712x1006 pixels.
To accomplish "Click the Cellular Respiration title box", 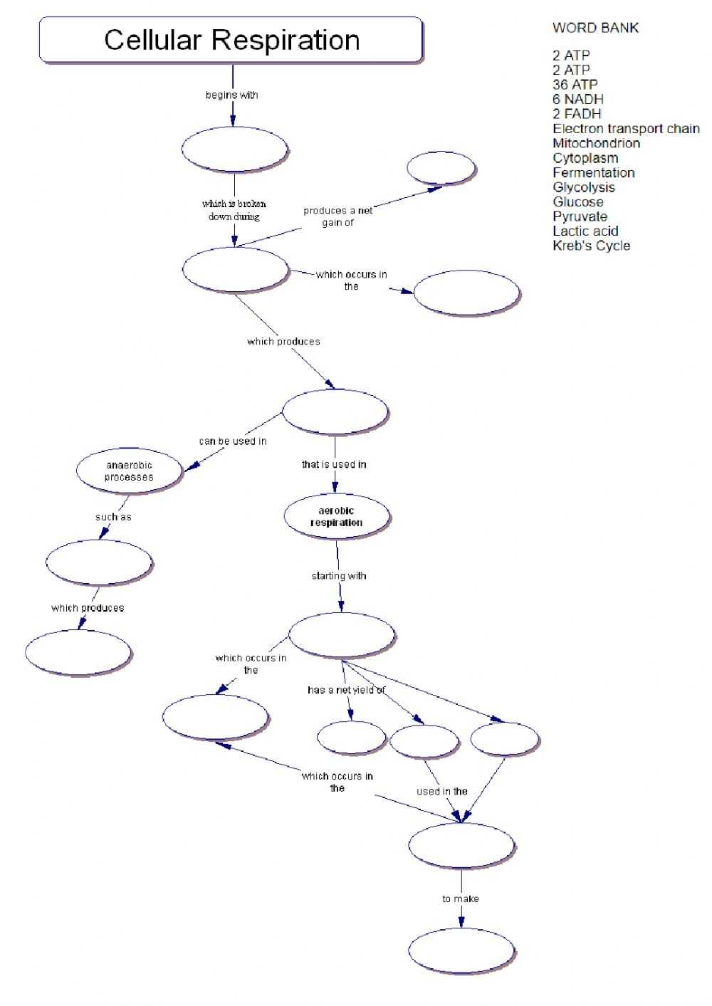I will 231,41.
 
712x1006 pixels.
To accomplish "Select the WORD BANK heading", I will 595,28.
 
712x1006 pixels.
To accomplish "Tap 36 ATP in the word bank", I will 575,85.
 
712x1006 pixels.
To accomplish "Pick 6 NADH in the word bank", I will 577,99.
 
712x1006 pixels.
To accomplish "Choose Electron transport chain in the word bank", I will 626,129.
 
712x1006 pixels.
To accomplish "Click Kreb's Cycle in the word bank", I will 591,246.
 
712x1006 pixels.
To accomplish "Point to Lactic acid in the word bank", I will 585,231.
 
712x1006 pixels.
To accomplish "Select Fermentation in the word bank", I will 593,172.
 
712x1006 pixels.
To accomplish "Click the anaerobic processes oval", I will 129,471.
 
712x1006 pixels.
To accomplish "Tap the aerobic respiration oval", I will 337,517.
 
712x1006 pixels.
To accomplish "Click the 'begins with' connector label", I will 231,95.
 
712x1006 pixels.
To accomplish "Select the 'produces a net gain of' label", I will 337,216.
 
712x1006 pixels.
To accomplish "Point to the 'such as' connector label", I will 113,517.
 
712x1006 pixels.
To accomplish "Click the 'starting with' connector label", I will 339,576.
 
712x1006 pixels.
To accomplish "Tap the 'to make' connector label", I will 461,899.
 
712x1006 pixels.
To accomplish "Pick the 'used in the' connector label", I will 442,792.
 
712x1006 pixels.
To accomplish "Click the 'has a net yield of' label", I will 346,690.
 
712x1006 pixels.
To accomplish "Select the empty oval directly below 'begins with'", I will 234,150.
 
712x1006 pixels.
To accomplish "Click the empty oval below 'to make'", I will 461,951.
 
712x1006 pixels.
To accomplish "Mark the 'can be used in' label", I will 233,441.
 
